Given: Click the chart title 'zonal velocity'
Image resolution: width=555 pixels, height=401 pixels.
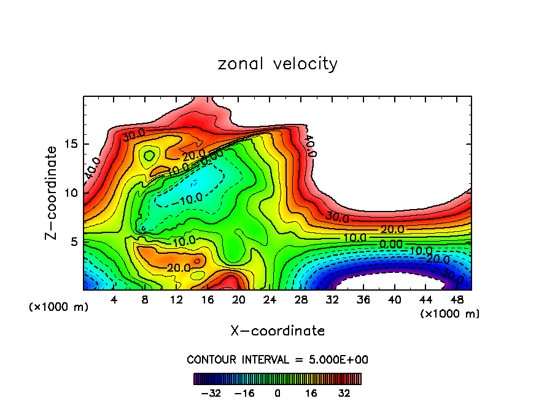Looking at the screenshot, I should pos(277,64).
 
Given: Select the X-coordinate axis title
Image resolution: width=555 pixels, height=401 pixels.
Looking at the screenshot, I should pos(277,331).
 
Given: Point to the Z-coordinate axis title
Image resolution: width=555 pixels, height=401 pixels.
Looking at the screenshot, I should pos(52,193).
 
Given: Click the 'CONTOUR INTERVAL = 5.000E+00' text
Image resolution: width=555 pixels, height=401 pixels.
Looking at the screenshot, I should pos(277,359).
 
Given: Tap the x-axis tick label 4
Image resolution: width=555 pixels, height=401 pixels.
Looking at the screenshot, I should pos(114,299).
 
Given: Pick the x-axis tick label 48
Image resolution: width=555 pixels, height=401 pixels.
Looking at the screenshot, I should pos(456,299).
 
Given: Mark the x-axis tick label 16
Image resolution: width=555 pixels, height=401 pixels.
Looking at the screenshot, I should pos(207,299).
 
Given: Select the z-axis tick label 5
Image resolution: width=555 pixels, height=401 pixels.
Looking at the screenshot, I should pos(75,242).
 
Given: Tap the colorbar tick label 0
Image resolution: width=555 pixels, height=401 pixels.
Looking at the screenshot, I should pos(277,392).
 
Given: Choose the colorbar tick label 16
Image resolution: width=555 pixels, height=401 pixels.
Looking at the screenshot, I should pos(311,392).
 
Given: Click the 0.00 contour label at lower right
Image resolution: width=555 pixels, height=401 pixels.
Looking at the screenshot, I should pos(390,244).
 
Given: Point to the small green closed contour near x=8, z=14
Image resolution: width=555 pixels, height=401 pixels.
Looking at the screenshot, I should pos(149,156).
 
